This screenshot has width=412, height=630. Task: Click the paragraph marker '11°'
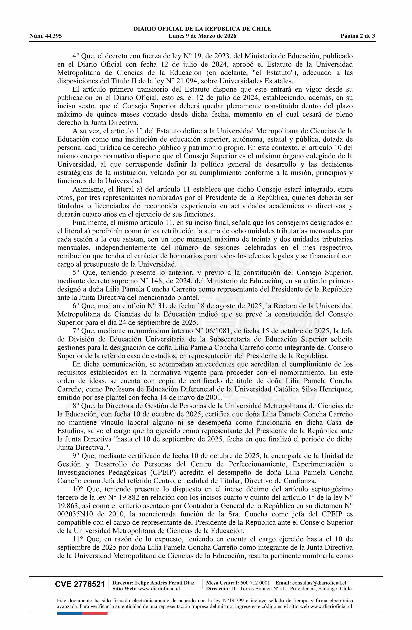pos(78,539)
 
